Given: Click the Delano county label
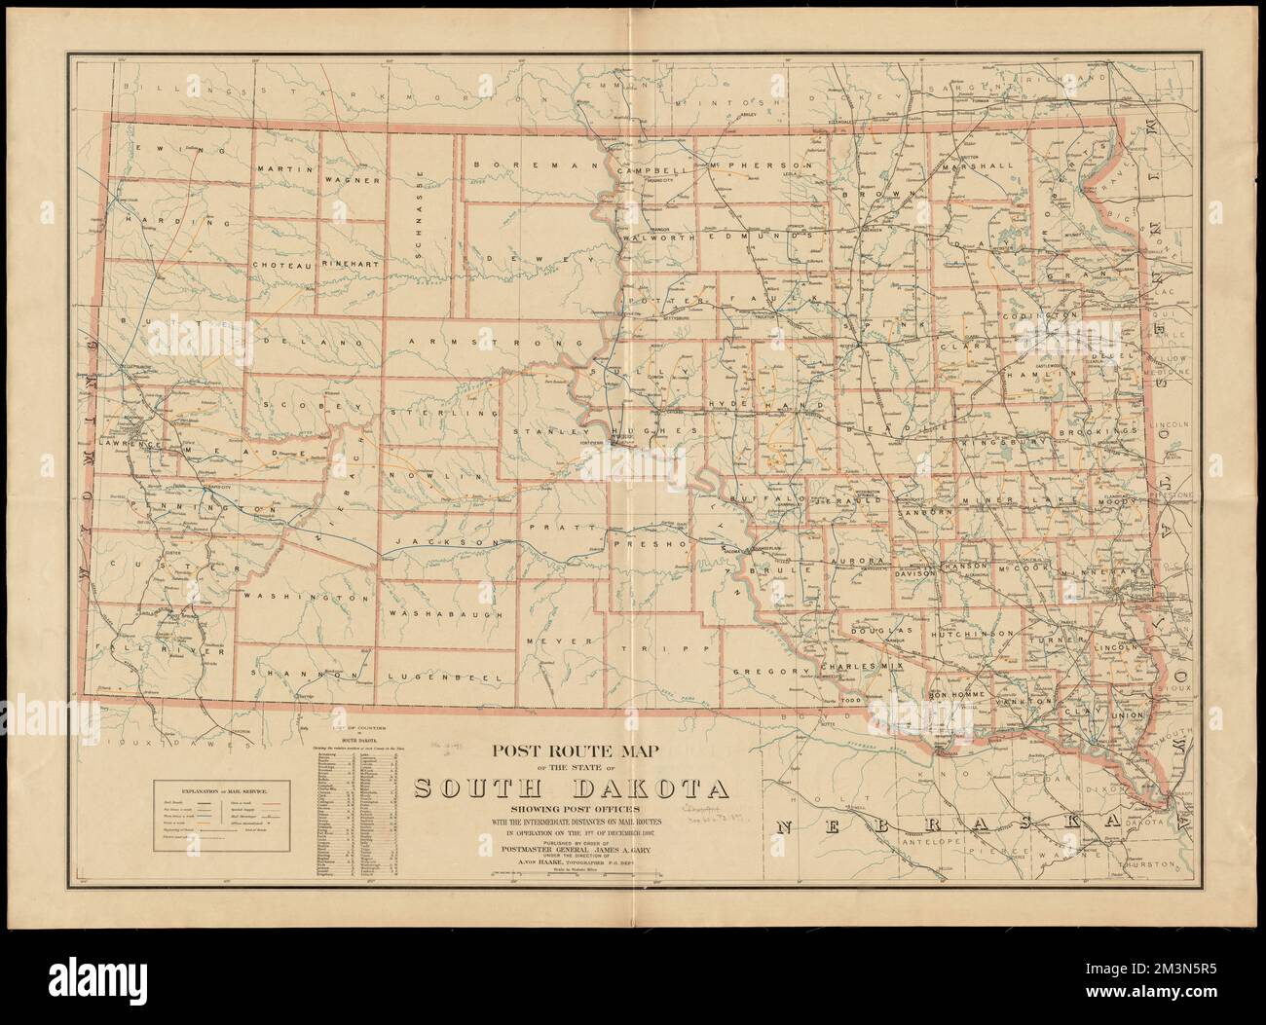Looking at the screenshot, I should click(x=308, y=343).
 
